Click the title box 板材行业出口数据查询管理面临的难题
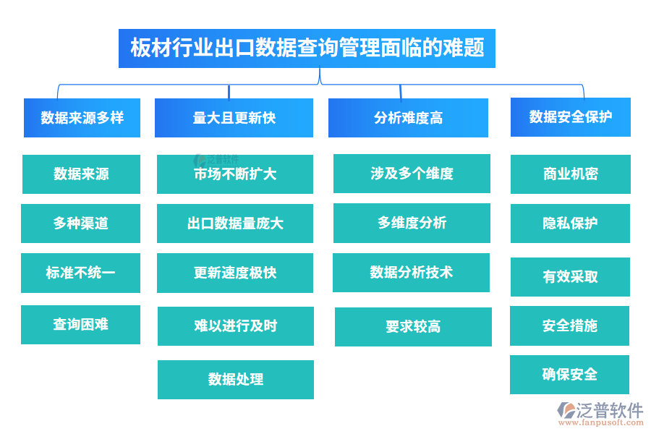pyautogui.click(x=307, y=48)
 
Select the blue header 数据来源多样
pyautogui.click(x=82, y=118)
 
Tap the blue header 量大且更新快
pyautogui.click(x=234, y=118)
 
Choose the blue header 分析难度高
pyautogui.click(x=408, y=118)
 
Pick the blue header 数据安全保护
pyautogui.click(x=570, y=117)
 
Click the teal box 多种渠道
pyautogui.click(x=80, y=224)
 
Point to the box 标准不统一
pyautogui.click(x=80, y=273)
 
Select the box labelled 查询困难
pyautogui.click(x=80, y=325)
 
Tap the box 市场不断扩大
pyautogui.click(x=235, y=174)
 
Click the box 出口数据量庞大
pyautogui.click(x=235, y=224)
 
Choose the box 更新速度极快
pyautogui.click(x=235, y=273)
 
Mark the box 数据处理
pyautogui.click(x=236, y=380)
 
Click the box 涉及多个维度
pyautogui.click(x=412, y=174)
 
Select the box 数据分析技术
pyautogui.click(x=411, y=273)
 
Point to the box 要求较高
pyautogui.click(x=413, y=327)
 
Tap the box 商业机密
pyautogui.click(x=570, y=174)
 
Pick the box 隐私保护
pyautogui.click(x=570, y=224)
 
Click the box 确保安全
pyautogui.click(x=569, y=375)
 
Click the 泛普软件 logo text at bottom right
pyautogui.click(x=609, y=410)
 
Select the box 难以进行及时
pyautogui.click(x=236, y=326)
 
